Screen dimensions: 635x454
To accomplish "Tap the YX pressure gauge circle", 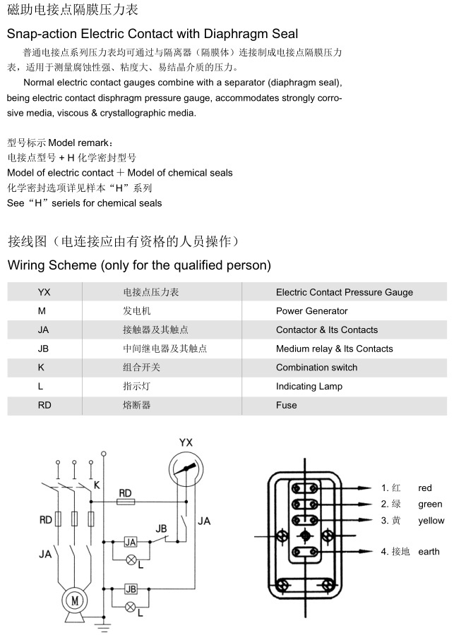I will [x=186, y=471].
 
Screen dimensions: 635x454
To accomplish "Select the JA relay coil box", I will [x=131, y=542].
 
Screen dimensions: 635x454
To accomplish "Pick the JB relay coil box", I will [x=131, y=589].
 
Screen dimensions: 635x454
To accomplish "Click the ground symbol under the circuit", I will [x=104, y=624].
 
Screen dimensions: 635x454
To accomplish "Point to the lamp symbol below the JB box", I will [x=131, y=606].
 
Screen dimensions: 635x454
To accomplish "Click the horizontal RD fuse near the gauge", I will [x=126, y=502].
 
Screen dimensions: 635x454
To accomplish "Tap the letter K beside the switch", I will [x=97, y=485].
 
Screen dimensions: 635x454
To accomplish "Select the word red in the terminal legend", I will [x=424, y=488].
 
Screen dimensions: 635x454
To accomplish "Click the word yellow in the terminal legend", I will [x=431, y=521].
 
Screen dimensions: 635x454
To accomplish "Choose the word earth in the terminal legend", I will [x=429, y=552].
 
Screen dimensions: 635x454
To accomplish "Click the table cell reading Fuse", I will [x=286, y=405].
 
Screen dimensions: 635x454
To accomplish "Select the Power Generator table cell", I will [x=311, y=311].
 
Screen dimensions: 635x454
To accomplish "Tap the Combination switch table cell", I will [x=316, y=368].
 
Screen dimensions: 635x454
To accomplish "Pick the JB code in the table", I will [x=43, y=349].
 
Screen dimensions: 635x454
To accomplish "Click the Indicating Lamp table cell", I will [x=309, y=387].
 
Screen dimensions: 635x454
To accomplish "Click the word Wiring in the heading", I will [x=27, y=266].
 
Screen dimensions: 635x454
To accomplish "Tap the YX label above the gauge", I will [x=186, y=442].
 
